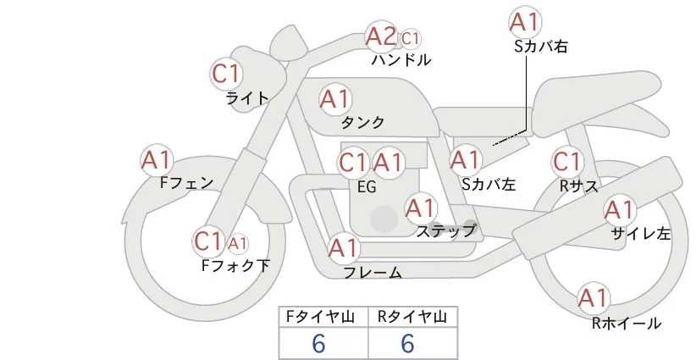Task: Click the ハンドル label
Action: (401, 60)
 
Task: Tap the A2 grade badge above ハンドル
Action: (381, 37)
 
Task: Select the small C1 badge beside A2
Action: (411, 38)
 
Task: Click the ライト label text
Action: (247, 97)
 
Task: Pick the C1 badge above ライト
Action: (226, 74)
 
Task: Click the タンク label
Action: (363, 122)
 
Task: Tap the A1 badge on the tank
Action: (334, 99)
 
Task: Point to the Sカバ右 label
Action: (540, 47)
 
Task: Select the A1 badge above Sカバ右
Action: (525, 22)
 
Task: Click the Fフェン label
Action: (186, 182)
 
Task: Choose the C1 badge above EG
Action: (353, 162)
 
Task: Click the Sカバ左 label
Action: (489, 183)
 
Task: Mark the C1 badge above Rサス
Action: (566, 161)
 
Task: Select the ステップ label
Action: (445, 230)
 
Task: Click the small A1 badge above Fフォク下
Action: (238, 243)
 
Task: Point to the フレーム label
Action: (373, 273)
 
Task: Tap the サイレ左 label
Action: (641, 233)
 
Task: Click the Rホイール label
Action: (627, 323)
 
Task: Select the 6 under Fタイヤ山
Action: (318, 343)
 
